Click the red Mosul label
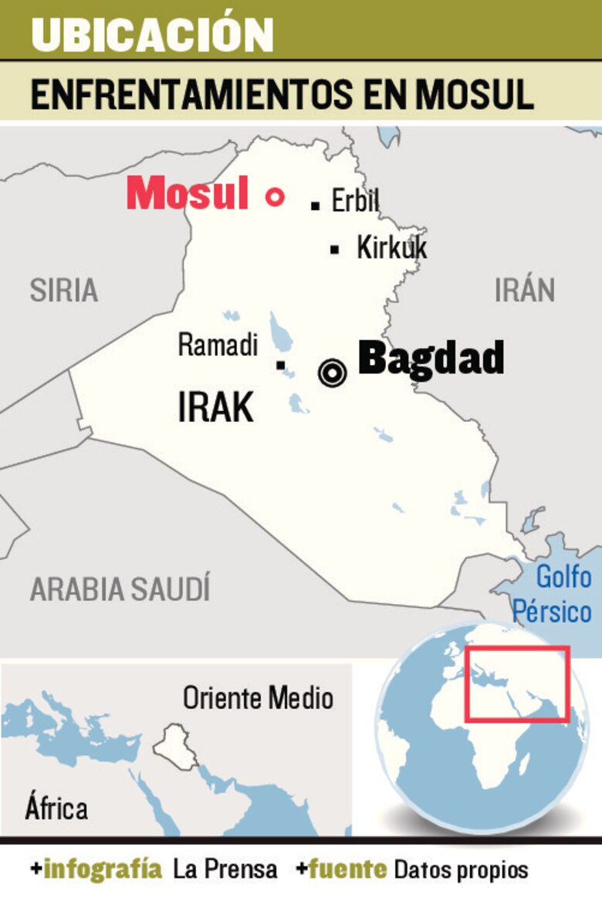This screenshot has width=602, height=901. pyautogui.click(x=188, y=194)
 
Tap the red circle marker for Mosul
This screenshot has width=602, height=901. pyautogui.click(x=274, y=197)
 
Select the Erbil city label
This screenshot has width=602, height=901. pyautogui.click(x=355, y=201)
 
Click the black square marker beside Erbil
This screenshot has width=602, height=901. pyautogui.click(x=315, y=205)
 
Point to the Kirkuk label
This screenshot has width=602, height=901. pyautogui.click(x=391, y=248)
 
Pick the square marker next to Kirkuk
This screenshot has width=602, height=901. pyautogui.click(x=334, y=249)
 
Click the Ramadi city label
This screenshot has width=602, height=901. pyautogui.click(x=218, y=345)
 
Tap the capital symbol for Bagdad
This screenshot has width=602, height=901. pyautogui.click(x=332, y=373)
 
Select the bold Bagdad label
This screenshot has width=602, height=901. pyautogui.click(x=431, y=359)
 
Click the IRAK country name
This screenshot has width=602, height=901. pyautogui.click(x=215, y=407)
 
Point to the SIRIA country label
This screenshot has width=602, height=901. pyautogui.click(x=64, y=290)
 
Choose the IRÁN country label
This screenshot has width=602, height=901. pyautogui.click(x=525, y=290)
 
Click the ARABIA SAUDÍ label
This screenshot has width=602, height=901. pyautogui.click(x=120, y=589)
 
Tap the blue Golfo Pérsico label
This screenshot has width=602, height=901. pyautogui.click(x=553, y=595)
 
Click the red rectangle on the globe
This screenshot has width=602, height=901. pyautogui.click(x=516, y=684)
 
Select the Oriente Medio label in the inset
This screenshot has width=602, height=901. pyautogui.click(x=258, y=698)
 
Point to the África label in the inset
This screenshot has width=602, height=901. pyautogui.click(x=56, y=808)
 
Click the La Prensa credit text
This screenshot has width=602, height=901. pyautogui.click(x=225, y=870)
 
